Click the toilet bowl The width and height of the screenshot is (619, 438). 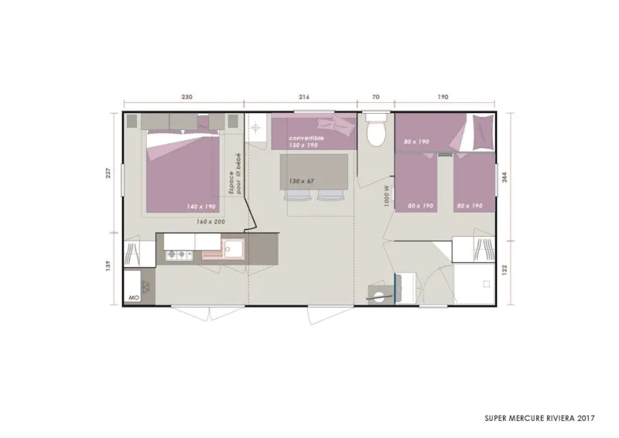(x=376, y=132)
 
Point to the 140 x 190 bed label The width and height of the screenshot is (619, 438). (x=200, y=207)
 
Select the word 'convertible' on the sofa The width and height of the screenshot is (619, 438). (x=304, y=138)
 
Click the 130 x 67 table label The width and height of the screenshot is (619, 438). (x=303, y=180)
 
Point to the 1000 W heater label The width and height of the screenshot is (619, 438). (x=385, y=193)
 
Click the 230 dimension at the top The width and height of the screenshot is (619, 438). (x=186, y=98)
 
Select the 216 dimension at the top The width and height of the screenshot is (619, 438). (x=303, y=98)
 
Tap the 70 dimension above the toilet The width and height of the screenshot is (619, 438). (x=376, y=98)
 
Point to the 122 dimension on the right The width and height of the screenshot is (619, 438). (x=506, y=269)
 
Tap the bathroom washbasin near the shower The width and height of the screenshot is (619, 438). (x=379, y=293)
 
